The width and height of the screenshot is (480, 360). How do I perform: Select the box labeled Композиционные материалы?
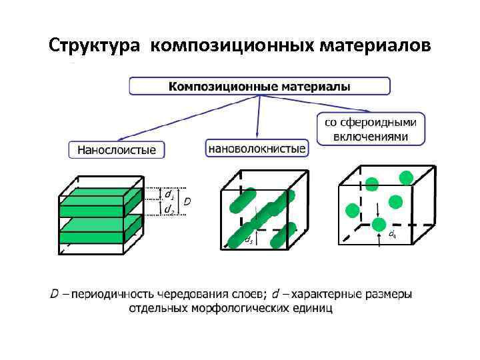click(259, 86)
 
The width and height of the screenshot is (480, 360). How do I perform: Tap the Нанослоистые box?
click(117, 150)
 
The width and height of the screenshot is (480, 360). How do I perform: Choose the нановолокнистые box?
click(257, 148)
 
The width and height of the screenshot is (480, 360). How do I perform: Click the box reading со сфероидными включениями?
click(370, 129)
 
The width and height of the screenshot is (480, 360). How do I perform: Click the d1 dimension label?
click(170, 196)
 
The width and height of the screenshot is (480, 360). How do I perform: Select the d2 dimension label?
click(170, 209)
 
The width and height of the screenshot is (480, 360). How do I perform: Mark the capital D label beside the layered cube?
click(188, 201)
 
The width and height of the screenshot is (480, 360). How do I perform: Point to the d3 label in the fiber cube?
click(248, 238)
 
